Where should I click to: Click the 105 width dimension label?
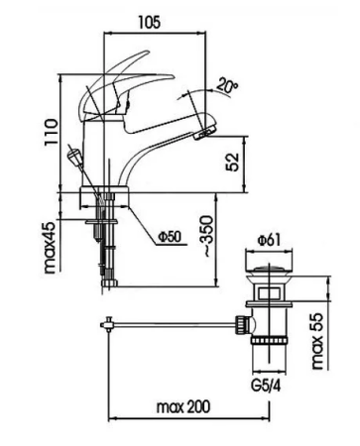pos(149,23)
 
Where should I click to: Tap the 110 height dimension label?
pos(52,132)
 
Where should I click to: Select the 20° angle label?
pos(227,85)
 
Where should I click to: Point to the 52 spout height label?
pos(233,162)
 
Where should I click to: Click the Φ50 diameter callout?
pos(170,237)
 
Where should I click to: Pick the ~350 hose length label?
pos(207,236)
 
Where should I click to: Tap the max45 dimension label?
pos(50,248)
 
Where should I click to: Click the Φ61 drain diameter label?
pos(270,240)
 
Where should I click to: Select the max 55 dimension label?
pos(317,341)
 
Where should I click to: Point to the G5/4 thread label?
pos(267,386)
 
